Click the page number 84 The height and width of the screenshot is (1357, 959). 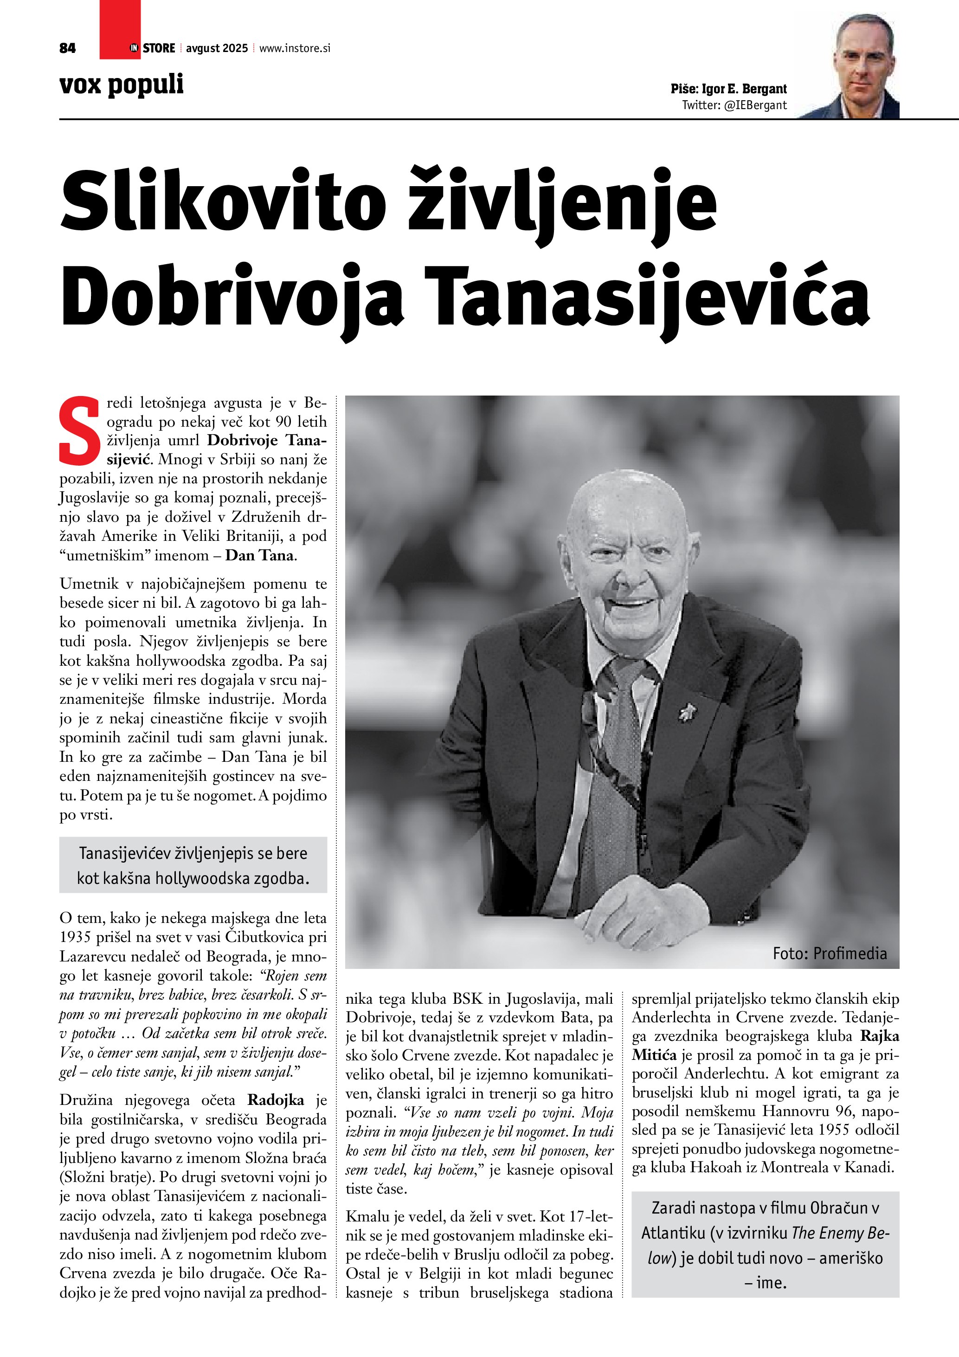tap(67, 48)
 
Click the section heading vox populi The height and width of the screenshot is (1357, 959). tap(122, 84)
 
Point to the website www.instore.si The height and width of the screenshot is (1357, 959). tap(295, 48)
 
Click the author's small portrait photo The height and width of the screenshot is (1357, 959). tap(865, 67)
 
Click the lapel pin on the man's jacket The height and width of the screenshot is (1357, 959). tap(686, 714)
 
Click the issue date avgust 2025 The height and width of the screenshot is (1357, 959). tap(217, 48)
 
